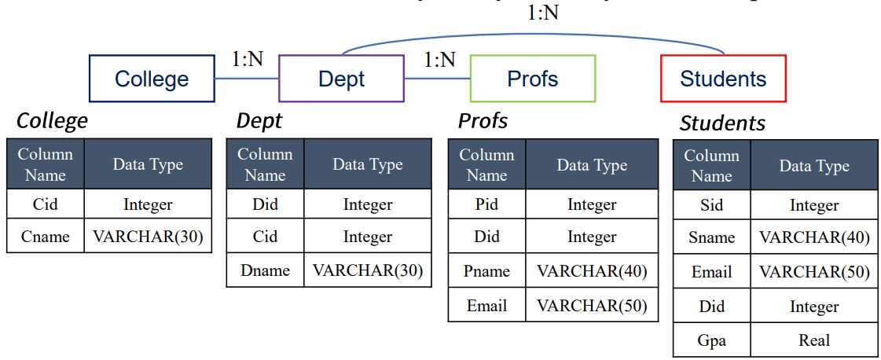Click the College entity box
(x=152, y=79)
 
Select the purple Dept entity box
(x=341, y=79)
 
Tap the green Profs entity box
(x=532, y=79)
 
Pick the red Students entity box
(x=723, y=79)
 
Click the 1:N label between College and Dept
(x=248, y=60)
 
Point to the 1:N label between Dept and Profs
(x=439, y=60)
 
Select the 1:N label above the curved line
(x=542, y=13)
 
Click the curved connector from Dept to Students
(x=534, y=34)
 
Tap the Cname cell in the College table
(x=46, y=237)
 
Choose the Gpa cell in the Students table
(x=711, y=340)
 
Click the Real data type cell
(x=814, y=340)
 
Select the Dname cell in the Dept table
(x=265, y=270)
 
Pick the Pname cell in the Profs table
(x=486, y=271)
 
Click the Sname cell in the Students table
(x=711, y=237)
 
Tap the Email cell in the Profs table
(x=486, y=305)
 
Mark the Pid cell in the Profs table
(x=486, y=204)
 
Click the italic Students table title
(x=722, y=123)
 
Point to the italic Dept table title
(x=259, y=121)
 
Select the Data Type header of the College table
(x=148, y=164)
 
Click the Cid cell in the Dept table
(x=265, y=237)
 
